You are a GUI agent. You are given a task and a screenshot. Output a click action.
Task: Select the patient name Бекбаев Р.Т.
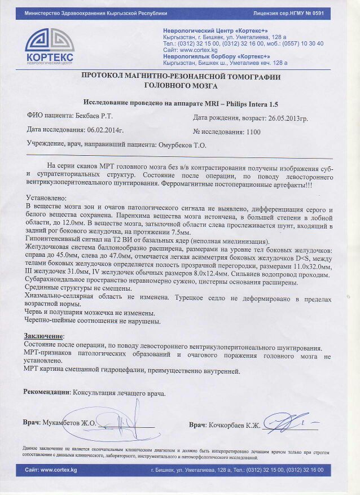[x=94, y=116]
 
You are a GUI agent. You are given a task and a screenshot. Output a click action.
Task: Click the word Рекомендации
[x=46, y=392]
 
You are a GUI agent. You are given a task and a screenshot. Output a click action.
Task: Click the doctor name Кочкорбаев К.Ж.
[x=234, y=424]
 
